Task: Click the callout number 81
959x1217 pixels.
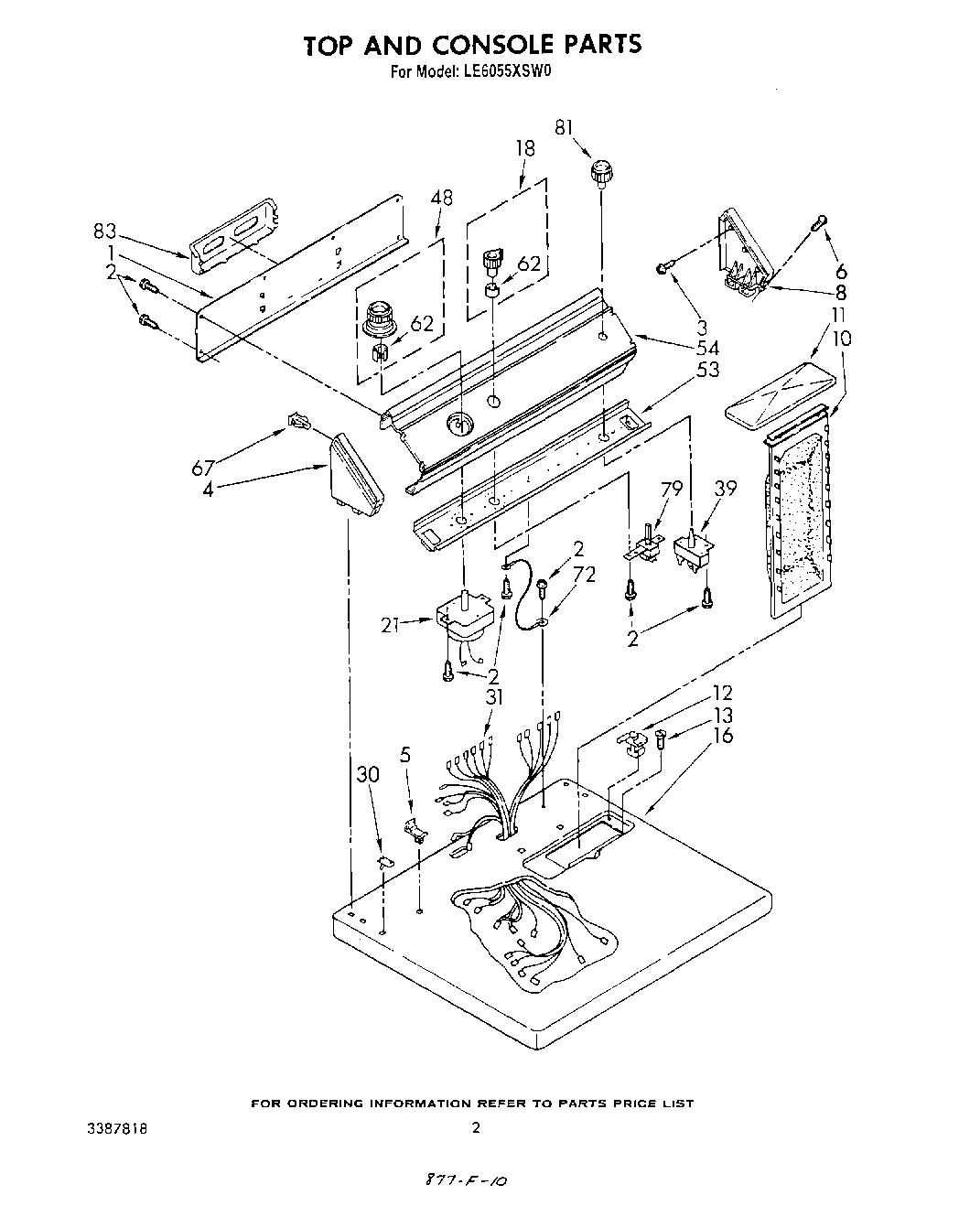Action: point(566,129)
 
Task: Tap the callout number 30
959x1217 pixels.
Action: point(367,774)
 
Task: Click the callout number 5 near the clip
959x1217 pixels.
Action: point(406,756)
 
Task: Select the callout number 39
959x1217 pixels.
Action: point(726,490)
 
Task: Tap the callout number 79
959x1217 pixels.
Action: point(672,490)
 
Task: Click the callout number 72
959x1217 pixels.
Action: point(584,575)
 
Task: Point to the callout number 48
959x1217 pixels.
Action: point(441,196)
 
